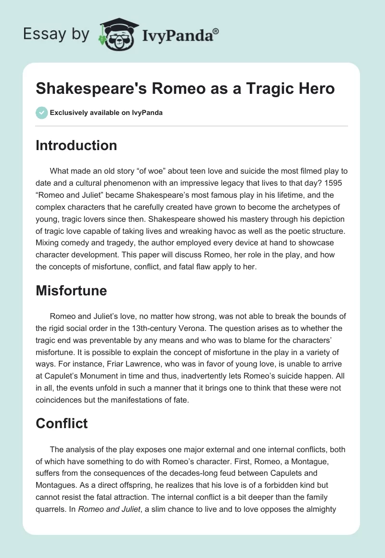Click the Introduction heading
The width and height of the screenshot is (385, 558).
[x=76, y=145]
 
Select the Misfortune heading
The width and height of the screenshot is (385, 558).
[x=71, y=290]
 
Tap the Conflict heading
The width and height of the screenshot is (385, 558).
[x=62, y=423]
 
